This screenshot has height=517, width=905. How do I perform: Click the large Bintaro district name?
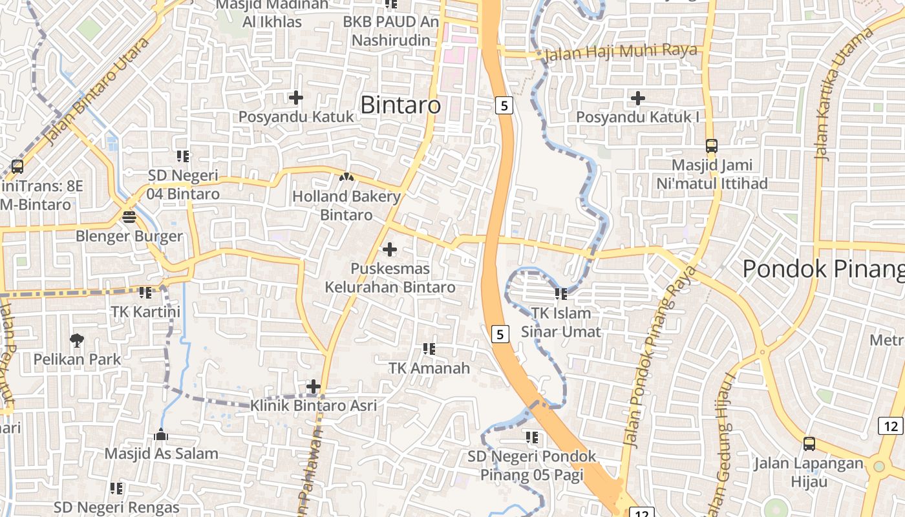(400, 105)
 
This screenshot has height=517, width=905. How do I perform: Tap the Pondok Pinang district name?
(822, 269)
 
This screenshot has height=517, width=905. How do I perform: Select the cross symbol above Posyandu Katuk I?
(638, 98)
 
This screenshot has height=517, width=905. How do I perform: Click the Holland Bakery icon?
(346, 176)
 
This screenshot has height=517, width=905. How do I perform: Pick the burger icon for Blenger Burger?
(129, 216)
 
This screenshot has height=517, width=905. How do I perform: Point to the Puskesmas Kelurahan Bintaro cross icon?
(390, 249)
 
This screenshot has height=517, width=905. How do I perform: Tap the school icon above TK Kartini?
(145, 292)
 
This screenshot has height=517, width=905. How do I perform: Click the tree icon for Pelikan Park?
(77, 339)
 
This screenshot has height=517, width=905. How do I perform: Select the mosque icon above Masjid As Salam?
(161, 434)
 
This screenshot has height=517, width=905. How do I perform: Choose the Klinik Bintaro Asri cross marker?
(314, 386)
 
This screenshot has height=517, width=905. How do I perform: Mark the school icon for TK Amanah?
(429, 349)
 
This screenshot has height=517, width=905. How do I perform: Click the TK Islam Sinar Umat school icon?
(560, 294)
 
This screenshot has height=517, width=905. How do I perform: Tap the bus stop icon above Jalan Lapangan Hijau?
(809, 444)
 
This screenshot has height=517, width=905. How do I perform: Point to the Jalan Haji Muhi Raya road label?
(621, 51)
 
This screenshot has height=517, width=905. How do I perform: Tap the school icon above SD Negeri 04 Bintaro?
(183, 156)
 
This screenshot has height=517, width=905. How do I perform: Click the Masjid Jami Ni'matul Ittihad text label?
(712, 174)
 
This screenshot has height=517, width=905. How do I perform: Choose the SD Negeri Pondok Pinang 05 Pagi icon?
(532, 438)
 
